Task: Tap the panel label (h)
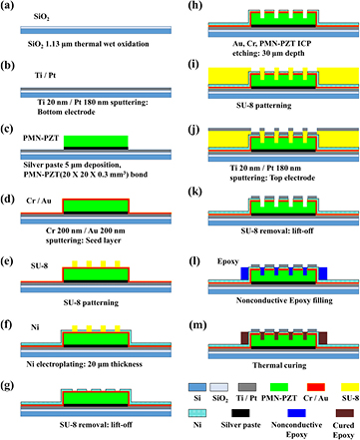[x=190, y=6]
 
